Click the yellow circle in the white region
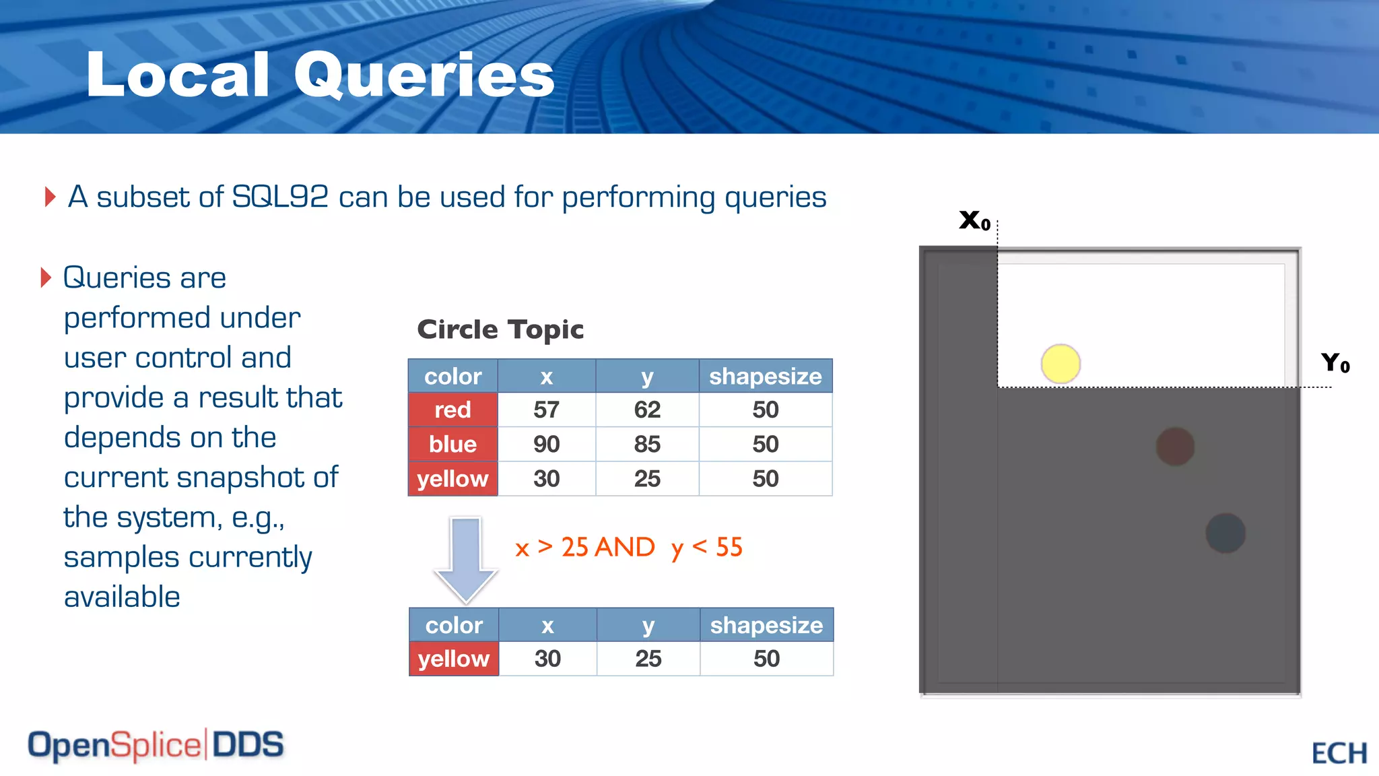1061,364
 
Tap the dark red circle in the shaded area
1175,447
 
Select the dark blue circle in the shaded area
1225,533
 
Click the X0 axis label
974,220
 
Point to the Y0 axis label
1335,363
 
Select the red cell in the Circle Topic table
452,410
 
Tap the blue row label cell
452,444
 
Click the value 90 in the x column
546,444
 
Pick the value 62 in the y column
647,410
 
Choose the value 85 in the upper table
647,444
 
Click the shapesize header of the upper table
765,376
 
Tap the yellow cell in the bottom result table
453,658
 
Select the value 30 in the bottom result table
547,658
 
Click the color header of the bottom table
454,625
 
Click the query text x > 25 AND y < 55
628,547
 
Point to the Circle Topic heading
500,329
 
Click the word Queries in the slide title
424,75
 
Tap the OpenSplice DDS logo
156,745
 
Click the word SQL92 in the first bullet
279,197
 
